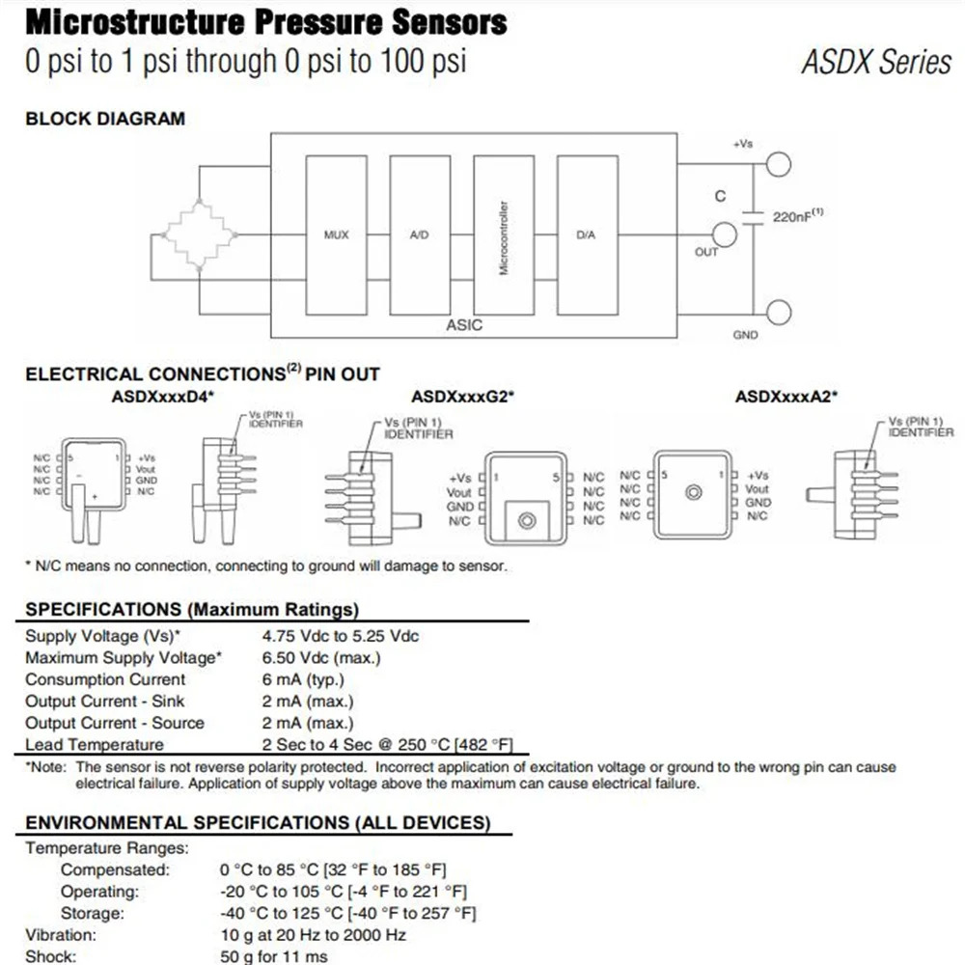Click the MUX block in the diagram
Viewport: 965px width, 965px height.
click(x=336, y=235)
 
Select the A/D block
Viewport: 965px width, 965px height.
click(x=420, y=235)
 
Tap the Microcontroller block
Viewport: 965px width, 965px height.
click(x=504, y=235)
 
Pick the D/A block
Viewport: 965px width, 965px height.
click(x=587, y=235)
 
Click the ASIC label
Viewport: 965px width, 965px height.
click(x=464, y=325)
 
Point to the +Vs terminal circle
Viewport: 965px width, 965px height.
click(x=779, y=164)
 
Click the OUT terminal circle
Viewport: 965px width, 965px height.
click(x=725, y=234)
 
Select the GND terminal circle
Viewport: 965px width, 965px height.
click(x=779, y=313)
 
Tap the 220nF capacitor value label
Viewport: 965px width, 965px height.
click(x=798, y=216)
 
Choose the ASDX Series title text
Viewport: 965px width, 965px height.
click(x=876, y=62)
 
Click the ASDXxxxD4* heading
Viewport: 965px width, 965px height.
click(x=162, y=397)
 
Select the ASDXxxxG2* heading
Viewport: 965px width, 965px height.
click(x=463, y=397)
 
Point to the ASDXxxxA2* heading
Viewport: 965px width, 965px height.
click(x=786, y=397)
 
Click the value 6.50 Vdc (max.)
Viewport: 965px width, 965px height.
click(x=321, y=658)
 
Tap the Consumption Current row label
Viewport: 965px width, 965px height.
click(x=105, y=679)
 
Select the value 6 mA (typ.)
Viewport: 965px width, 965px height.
click(x=303, y=679)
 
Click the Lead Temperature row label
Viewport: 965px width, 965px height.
click(x=95, y=745)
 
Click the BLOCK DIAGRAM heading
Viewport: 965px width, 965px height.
click(x=105, y=118)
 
